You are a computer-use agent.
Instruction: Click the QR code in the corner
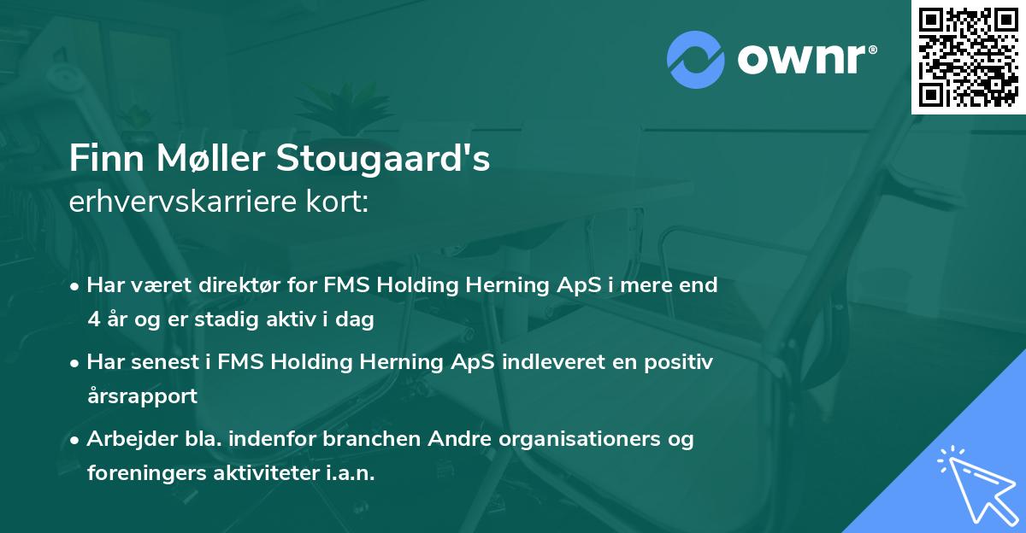[x=969, y=56]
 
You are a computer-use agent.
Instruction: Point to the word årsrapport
[x=142, y=396]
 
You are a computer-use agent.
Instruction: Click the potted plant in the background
[x=345, y=102]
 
